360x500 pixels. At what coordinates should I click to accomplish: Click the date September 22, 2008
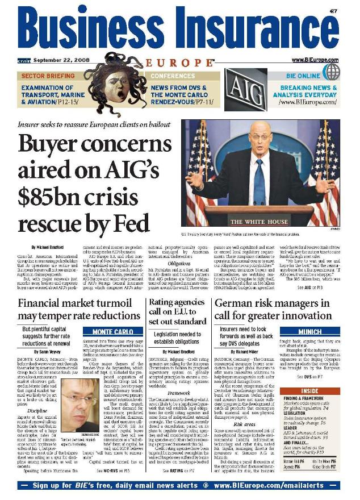pos(57,60)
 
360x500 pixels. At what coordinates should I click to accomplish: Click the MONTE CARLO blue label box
pos(105,331)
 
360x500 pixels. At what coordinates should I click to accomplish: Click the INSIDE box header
pos(319,391)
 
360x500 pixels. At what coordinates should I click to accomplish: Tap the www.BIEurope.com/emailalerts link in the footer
pos(277,486)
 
